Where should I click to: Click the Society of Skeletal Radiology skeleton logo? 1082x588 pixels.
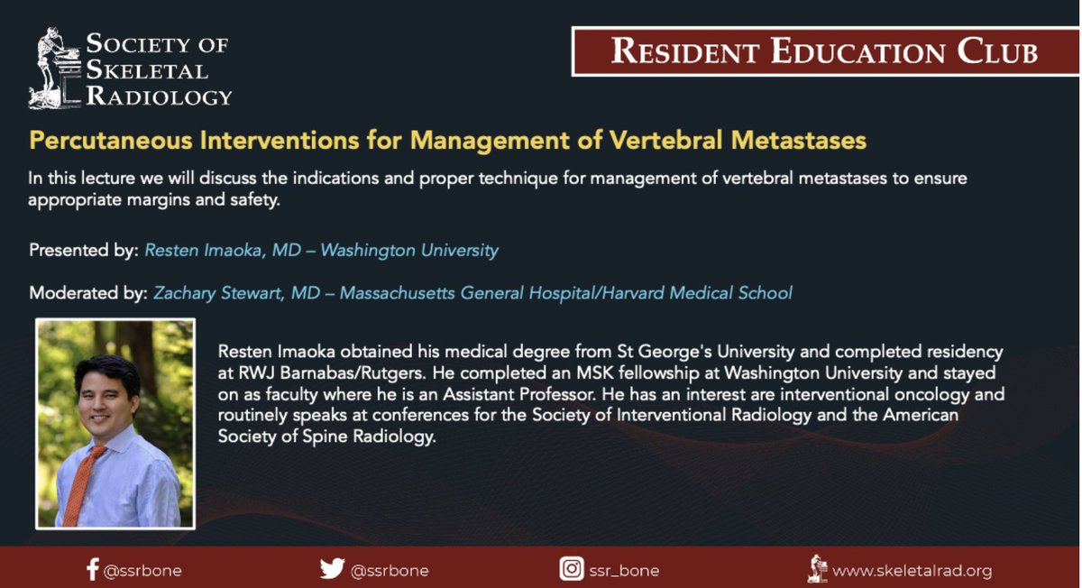[54, 69]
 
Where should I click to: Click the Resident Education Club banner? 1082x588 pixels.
[824, 51]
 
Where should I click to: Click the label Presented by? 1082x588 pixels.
[83, 250]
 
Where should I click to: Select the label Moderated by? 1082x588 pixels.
[87, 293]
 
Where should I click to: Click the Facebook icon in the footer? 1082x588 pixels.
[92, 569]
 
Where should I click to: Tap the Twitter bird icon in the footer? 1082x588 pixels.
[332, 569]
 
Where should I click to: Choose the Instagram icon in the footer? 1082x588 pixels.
[572, 569]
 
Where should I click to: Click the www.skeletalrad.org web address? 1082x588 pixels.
[912, 570]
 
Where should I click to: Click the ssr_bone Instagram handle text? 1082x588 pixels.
[624, 570]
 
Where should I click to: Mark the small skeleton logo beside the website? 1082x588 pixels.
[817, 568]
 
